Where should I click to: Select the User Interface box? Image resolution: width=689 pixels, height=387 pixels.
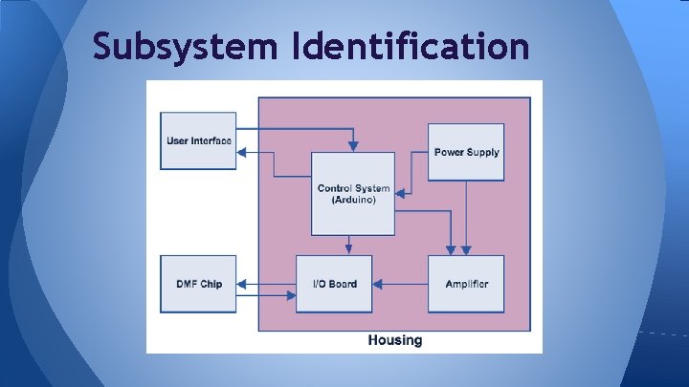[198, 140]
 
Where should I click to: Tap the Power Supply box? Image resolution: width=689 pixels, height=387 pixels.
[466, 151]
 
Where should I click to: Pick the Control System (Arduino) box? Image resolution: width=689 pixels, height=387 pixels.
[352, 193]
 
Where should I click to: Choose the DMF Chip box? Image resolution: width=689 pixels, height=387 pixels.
[198, 284]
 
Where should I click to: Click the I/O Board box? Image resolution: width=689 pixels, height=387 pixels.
[334, 284]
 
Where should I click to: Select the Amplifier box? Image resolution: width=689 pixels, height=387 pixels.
[466, 284]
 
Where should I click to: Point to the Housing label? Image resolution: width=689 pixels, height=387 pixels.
[394, 340]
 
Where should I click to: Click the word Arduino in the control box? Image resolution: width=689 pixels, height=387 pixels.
[353, 200]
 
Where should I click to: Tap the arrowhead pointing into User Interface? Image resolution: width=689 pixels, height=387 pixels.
[241, 151]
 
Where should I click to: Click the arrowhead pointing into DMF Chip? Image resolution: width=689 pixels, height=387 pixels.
[241, 284]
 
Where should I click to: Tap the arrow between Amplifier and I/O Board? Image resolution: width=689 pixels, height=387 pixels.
[402, 284]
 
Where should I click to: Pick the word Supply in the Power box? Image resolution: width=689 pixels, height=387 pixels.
[483, 152]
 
